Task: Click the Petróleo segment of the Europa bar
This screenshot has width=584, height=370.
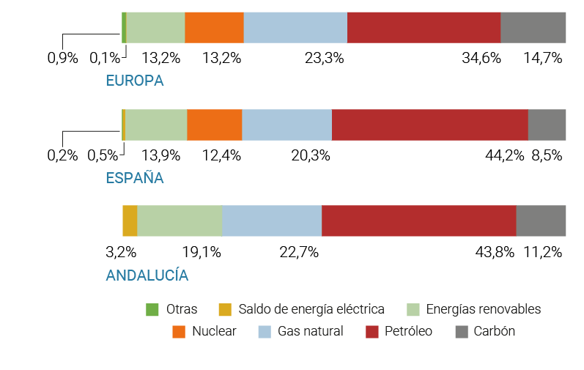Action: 424,27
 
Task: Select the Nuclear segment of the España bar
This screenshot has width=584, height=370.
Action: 214,124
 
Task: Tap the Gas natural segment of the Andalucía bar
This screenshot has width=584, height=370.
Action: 272,221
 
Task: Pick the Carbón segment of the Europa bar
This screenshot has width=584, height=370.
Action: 533,27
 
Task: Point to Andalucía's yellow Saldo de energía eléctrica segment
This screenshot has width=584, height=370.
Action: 130,221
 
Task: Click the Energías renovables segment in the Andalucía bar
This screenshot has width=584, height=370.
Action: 180,221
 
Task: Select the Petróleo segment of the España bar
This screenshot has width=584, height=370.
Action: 430,124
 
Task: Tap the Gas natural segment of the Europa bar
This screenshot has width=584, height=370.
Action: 295,27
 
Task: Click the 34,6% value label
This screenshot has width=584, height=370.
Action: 481,58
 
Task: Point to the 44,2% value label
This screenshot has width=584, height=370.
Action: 505,155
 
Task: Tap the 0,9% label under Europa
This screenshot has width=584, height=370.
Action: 62,58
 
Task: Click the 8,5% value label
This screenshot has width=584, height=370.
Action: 547,155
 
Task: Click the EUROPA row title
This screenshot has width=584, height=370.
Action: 135,81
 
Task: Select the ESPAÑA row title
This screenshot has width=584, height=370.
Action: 135,178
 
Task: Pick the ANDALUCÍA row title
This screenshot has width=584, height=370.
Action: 147,275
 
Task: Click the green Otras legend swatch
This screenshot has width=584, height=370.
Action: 152,309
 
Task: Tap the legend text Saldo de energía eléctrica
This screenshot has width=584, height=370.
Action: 311,309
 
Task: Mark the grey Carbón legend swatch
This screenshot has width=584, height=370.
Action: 461,331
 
